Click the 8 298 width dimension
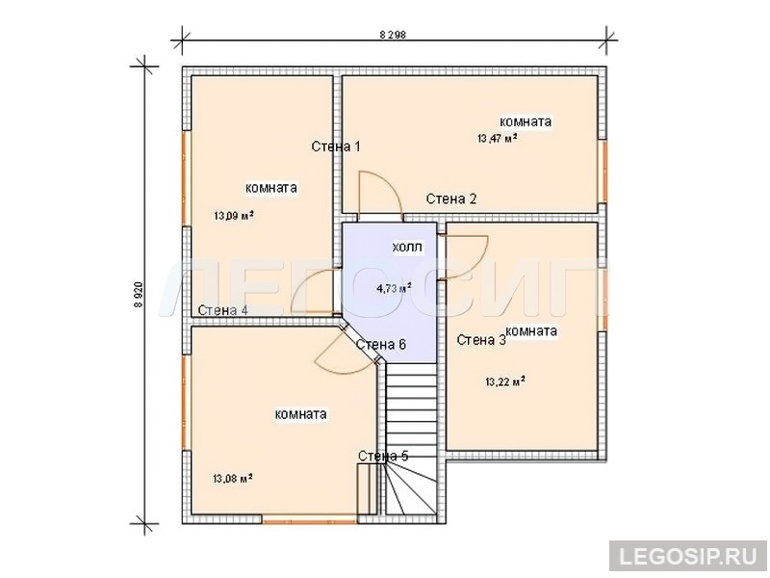coord(393,35)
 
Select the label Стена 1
coord(336,146)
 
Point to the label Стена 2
coord(450,199)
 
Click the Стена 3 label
coord(480,340)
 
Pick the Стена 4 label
coord(222,310)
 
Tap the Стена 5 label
coord(383,456)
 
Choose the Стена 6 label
coord(381,345)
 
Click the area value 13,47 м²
coord(497,138)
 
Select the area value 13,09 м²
coord(234,215)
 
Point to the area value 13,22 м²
coord(505,381)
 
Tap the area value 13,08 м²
coord(233,478)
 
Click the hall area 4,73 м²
coord(394,288)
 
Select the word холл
coord(407,247)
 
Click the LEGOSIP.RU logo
coord(688,557)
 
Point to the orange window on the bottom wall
coord(310,519)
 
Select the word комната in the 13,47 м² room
coord(526,121)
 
